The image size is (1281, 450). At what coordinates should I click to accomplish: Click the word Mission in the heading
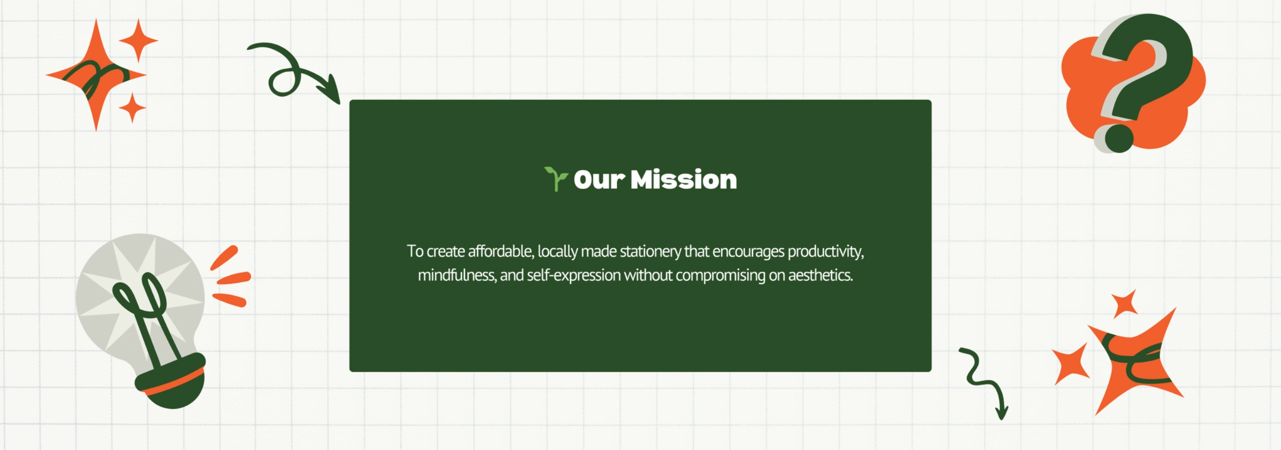(684, 179)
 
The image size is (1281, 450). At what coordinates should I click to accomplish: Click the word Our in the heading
(599, 179)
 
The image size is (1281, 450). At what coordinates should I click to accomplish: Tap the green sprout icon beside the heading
(556, 179)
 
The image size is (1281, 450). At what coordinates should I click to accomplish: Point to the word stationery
(651, 251)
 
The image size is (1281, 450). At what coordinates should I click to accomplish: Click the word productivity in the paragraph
(826, 251)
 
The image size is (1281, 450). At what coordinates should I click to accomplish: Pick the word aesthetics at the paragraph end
(821, 275)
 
